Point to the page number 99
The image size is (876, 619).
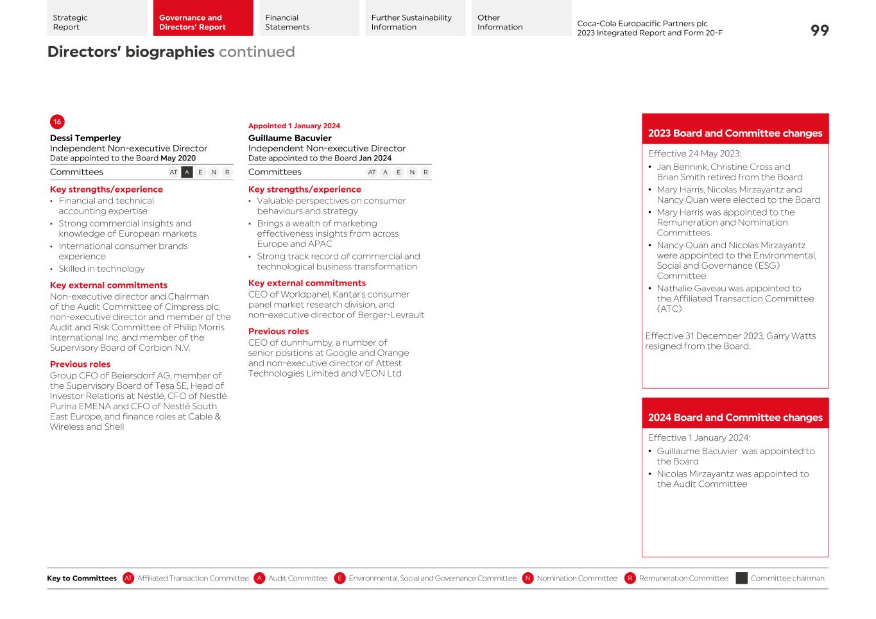[820, 31]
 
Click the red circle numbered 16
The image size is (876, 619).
[57, 122]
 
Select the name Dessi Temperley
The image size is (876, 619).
[85, 138]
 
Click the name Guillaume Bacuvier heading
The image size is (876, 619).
[290, 138]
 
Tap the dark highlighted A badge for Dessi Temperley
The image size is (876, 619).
[187, 172]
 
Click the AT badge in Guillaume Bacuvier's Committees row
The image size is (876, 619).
[372, 172]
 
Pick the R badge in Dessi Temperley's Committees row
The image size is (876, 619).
[227, 172]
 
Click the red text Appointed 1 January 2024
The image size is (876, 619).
[294, 126]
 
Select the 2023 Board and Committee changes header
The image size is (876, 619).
[735, 133]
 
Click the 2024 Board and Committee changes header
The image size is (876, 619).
[735, 418]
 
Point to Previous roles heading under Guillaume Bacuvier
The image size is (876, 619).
[279, 332]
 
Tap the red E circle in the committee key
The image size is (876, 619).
[340, 579]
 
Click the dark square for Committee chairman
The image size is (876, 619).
[741, 579]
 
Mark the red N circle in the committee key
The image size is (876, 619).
[528, 579]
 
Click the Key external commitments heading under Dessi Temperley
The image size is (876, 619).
[108, 285]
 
